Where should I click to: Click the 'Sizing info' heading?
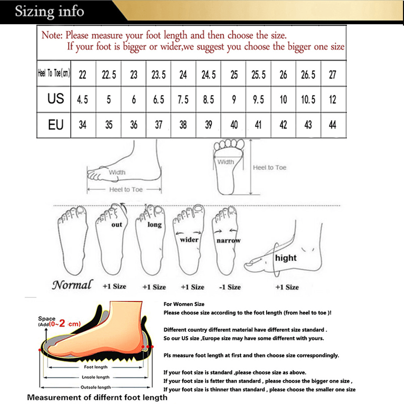click(x=49, y=11)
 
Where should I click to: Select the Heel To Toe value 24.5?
click(x=209, y=75)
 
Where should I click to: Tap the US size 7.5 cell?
click(x=183, y=99)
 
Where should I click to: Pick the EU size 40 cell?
click(x=234, y=125)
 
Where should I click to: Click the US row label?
click(x=56, y=99)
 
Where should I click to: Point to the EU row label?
click(x=56, y=125)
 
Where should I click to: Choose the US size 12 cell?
click(x=332, y=99)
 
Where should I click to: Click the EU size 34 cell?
click(x=83, y=125)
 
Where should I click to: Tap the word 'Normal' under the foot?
click(x=72, y=285)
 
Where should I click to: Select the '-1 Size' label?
click(x=230, y=287)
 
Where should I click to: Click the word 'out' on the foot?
click(x=117, y=225)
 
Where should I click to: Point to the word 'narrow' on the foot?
click(x=228, y=241)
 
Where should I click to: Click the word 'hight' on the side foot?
click(x=286, y=258)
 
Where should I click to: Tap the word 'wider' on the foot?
click(x=189, y=240)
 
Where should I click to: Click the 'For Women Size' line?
click(x=184, y=304)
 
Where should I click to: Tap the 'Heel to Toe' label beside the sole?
click(x=269, y=168)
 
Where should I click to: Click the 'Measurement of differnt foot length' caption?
click(x=97, y=397)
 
